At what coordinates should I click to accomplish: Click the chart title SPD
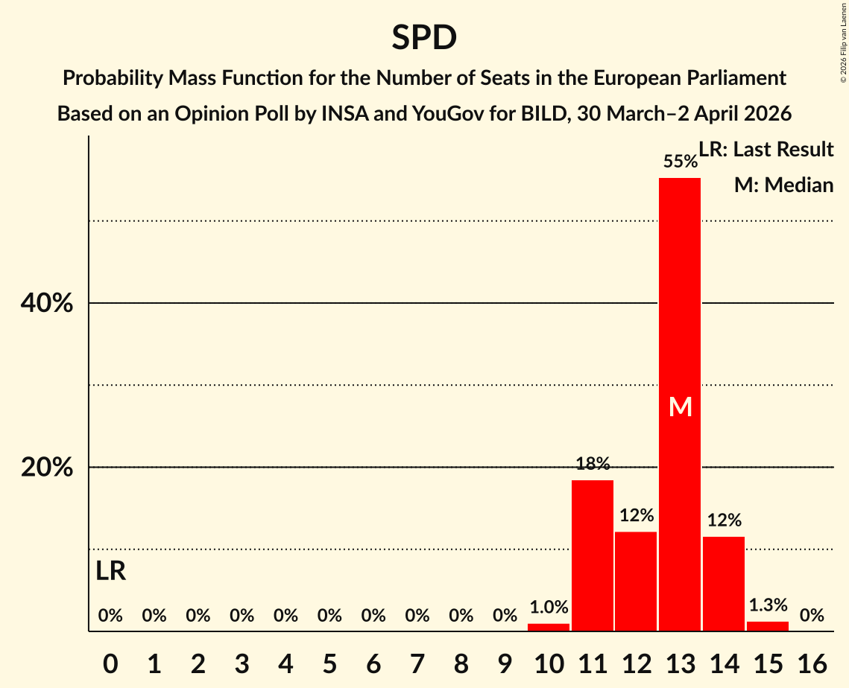(x=424, y=37)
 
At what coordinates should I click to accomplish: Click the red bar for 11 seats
(x=592, y=555)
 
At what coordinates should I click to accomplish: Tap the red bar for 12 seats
(x=636, y=581)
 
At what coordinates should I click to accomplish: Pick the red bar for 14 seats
(x=724, y=583)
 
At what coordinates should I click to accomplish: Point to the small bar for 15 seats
(x=768, y=626)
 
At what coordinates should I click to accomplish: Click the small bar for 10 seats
(x=549, y=627)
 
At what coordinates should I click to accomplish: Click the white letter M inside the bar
(x=680, y=407)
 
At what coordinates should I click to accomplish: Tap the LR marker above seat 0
(x=110, y=571)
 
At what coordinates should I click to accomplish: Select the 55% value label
(x=680, y=162)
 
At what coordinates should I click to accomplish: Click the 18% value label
(x=592, y=464)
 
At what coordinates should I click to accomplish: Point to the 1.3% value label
(x=768, y=605)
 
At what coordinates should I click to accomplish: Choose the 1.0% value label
(x=549, y=608)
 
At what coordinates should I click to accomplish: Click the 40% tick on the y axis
(x=46, y=304)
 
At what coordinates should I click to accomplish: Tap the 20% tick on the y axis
(x=46, y=468)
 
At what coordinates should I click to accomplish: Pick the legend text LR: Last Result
(x=766, y=150)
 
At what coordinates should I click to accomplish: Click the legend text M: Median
(x=783, y=185)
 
